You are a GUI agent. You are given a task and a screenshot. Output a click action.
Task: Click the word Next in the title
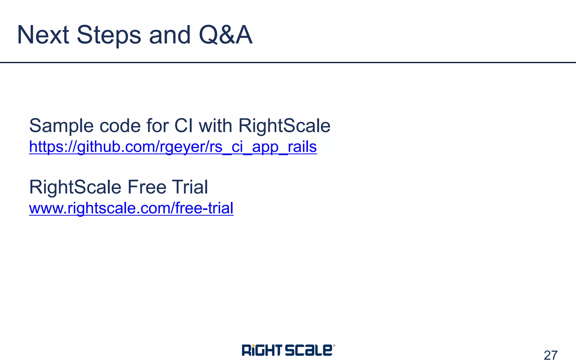click(x=43, y=35)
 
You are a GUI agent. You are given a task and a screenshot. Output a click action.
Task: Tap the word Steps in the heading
click(x=109, y=35)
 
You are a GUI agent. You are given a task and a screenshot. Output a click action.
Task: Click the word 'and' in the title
click(x=170, y=35)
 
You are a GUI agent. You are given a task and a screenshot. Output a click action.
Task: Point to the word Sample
click(x=61, y=126)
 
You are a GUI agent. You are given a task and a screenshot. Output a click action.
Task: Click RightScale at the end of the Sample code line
click(x=284, y=126)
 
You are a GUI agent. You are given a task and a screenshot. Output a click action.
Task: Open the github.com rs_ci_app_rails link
click(x=173, y=147)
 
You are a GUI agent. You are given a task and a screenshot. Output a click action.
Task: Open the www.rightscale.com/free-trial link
click(x=131, y=208)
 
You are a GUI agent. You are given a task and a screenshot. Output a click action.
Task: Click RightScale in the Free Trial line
click(x=75, y=187)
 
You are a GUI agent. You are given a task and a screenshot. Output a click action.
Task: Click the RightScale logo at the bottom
click(x=288, y=350)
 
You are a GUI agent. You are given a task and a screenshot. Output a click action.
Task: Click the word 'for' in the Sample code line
click(x=158, y=126)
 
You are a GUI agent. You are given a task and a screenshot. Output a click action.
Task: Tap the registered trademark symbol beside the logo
click(x=334, y=346)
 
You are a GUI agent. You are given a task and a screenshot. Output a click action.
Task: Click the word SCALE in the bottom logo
click(x=309, y=350)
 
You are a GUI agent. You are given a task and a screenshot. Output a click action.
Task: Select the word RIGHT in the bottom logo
click(x=262, y=350)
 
